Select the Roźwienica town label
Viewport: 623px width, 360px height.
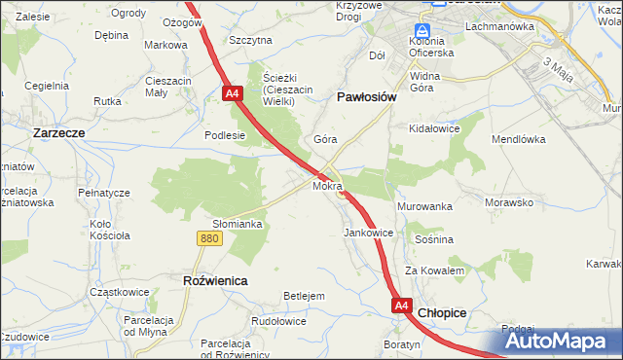click(x=215, y=280)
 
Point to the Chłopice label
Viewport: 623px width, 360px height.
click(x=442, y=312)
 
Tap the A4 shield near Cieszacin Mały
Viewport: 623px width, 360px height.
click(x=232, y=93)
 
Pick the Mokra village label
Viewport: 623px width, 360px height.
click(x=327, y=185)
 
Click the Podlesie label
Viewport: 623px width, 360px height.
click(x=224, y=136)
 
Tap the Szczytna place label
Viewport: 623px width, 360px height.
click(x=250, y=40)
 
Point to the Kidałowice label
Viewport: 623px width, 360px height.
click(x=434, y=128)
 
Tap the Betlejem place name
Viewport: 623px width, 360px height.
click(x=302, y=296)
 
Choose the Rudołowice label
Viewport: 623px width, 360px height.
click(x=278, y=321)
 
